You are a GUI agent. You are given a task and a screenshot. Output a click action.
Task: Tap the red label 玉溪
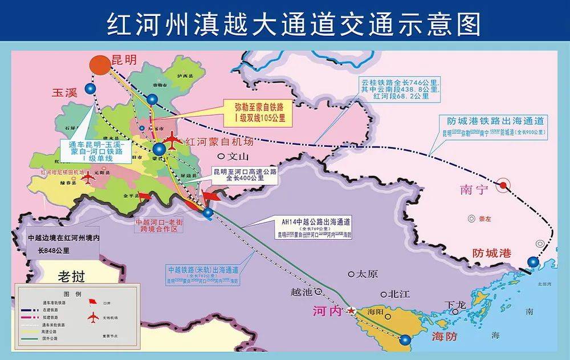pyautogui.click(x=64, y=92)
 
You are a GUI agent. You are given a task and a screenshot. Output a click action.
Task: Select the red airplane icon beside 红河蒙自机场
pyautogui.click(x=172, y=138)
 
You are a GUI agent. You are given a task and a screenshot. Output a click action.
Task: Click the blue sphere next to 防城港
pyautogui.click(x=532, y=263)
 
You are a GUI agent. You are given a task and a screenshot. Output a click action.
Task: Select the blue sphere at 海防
pyautogui.click(x=405, y=340)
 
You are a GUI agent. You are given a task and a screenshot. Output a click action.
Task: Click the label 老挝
pyautogui.click(x=71, y=277)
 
